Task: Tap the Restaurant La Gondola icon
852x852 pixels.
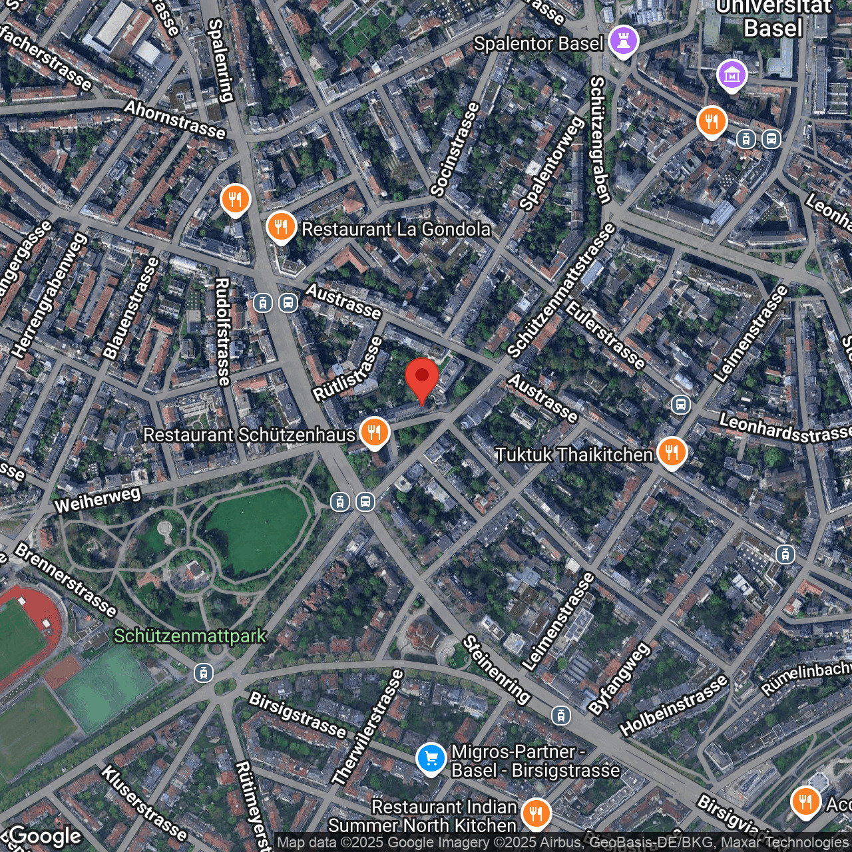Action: (281, 228)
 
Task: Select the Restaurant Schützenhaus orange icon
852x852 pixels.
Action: (375, 433)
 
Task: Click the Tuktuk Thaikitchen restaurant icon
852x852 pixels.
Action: (672, 453)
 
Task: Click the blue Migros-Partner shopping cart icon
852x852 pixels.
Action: (431, 759)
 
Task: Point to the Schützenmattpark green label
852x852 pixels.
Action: (190, 636)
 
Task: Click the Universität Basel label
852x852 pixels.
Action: (773, 18)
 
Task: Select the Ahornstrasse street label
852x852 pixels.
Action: (175, 120)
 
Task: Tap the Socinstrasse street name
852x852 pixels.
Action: (455, 149)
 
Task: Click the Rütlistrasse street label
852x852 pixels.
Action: (348, 369)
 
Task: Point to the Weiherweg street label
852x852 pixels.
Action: (97, 499)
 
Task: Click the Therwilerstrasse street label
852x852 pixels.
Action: (368, 728)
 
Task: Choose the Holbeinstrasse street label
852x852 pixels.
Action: (674, 706)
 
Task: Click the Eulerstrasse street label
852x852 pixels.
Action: (605, 335)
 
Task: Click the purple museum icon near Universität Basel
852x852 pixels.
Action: (732, 76)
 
